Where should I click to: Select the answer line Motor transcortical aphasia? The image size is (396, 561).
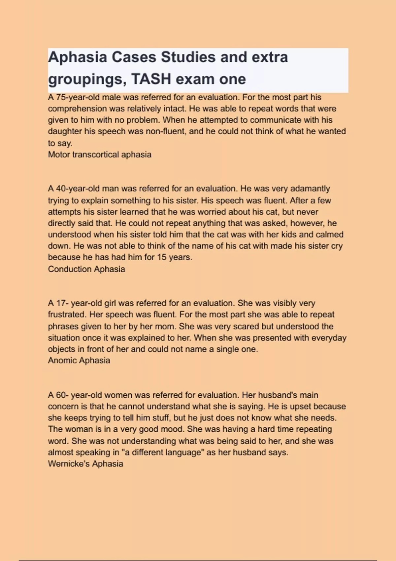click(x=100, y=154)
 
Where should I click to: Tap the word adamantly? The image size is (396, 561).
click(x=310, y=189)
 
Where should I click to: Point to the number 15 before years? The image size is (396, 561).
click(x=162, y=257)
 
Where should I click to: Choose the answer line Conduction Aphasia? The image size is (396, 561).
click(x=86, y=269)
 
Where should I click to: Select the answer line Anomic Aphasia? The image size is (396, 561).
click(x=79, y=360)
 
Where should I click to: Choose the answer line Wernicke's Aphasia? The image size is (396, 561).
click(x=85, y=464)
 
